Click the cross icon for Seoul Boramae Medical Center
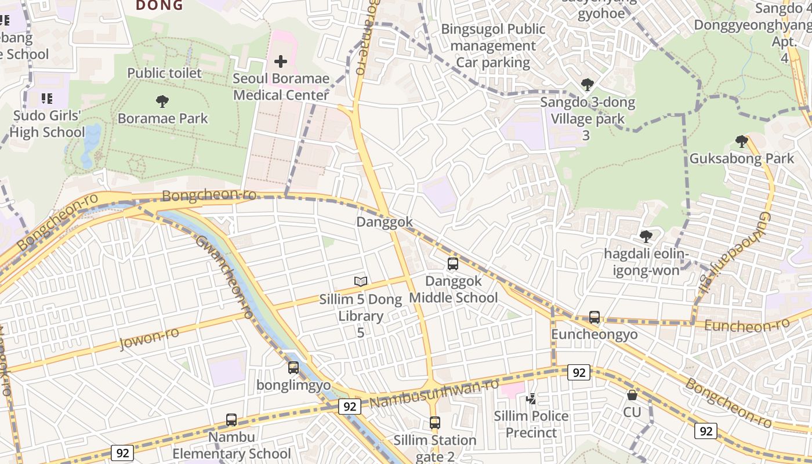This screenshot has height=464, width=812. [281, 61]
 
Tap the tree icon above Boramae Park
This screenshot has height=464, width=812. [162, 101]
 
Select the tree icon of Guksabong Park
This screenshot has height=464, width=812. [741, 141]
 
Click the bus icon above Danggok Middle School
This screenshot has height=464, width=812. [453, 264]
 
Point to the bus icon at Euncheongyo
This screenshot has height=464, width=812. [594, 317]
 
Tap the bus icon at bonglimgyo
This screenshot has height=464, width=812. [293, 367]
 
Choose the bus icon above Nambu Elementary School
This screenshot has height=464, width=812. [231, 420]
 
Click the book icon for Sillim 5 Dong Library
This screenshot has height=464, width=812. [361, 282]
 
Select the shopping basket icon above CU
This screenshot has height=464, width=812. [632, 395]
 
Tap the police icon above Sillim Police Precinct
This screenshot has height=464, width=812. [531, 398]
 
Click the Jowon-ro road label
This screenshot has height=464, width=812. [149, 338]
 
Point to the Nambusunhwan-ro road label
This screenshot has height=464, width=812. [434, 393]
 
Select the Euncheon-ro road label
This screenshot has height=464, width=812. [746, 324]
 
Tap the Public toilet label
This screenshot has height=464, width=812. [165, 73]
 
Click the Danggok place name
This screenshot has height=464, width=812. [385, 222]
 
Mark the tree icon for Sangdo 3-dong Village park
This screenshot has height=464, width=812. [587, 85]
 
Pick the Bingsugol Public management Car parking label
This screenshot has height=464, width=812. [493, 45]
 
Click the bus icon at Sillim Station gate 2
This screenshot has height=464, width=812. [435, 423]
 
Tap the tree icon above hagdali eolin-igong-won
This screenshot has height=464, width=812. [646, 237]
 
